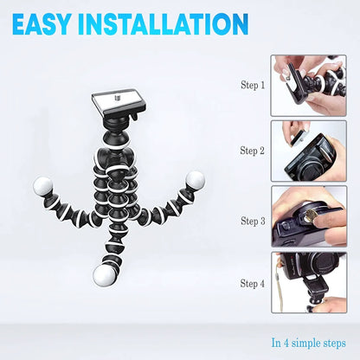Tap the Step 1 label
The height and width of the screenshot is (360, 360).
pos(253,86)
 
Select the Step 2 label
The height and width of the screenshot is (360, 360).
pos(253,151)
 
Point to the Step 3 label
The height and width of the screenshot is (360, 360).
pos(253,222)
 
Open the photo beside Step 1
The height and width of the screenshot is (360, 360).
pos(308,86)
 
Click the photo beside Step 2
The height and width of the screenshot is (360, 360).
pos(308,151)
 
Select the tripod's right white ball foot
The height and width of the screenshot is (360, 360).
pos(196,180)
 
